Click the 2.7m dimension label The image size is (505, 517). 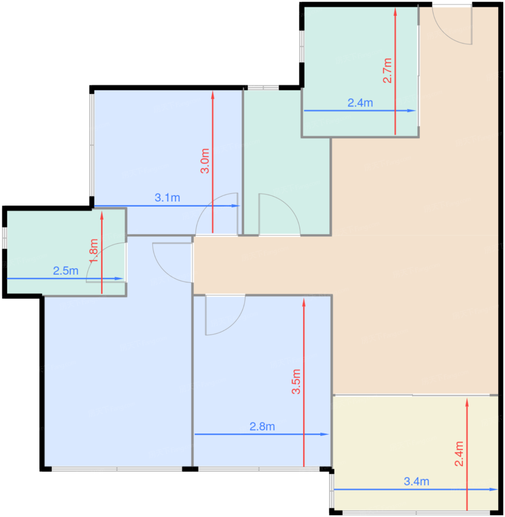pyautogui.click(x=388, y=71)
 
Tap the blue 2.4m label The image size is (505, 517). pyautogui.click(x=361, y=103)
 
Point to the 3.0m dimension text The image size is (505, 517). pyautogui.click(x=205, y=161)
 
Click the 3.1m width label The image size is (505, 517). pyautogui.click(x=167, y=198)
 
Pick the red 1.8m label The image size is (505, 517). pyautogui.click(x=94, y=251)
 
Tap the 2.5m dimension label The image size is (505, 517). pyautogui.click(x=66, y=271)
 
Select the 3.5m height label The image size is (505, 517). pyautogui.click(x=296, y=381)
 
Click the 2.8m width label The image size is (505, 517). pyautogui.click(x=262, y=427)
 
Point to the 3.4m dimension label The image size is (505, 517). pyautogui.click(x=417, y=482)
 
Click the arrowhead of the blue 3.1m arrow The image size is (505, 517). pyautogui.click(x=236, y=206)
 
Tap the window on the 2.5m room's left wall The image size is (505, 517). pyautogui.click(x=4, y=238)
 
